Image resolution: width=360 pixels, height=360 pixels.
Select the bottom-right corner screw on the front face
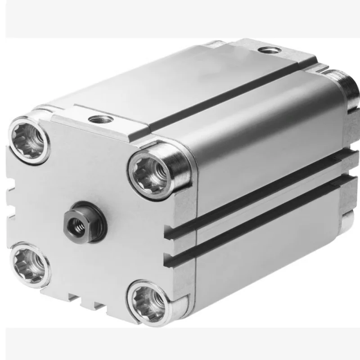[x=148, y=297]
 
